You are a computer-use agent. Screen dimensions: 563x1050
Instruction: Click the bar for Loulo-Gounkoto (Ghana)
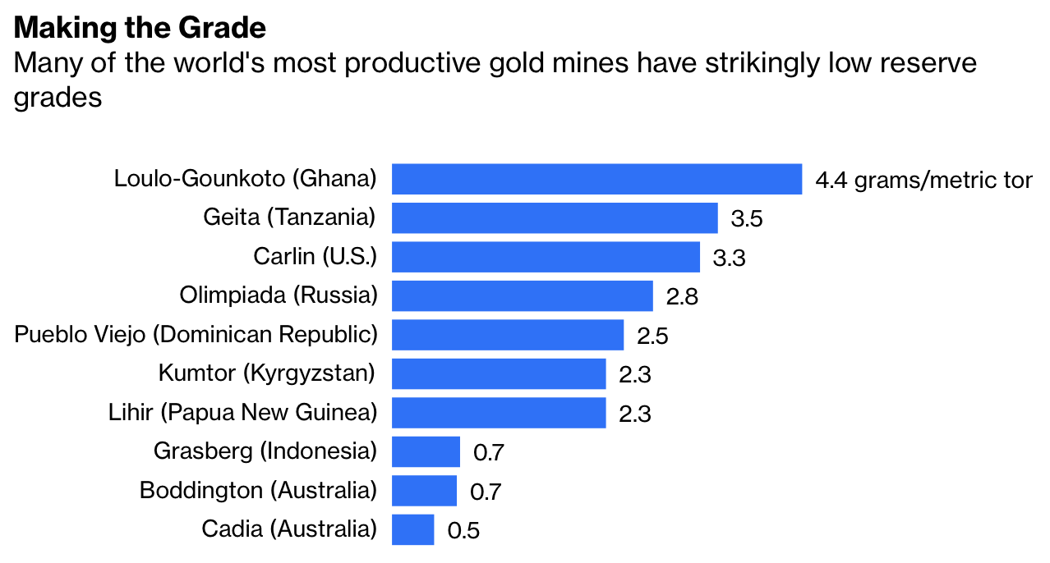[x=596, y=179]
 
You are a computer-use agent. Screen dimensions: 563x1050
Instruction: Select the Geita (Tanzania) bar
[x=555, y=218]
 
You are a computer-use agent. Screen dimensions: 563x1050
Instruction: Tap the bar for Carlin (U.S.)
[x=546, y=257]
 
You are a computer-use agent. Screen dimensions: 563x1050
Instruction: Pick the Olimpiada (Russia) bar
[x=522, y=295]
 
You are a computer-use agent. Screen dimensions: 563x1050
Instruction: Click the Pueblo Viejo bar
[x=508, y=335]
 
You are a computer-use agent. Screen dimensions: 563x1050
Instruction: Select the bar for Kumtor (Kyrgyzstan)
[x=499, y=373]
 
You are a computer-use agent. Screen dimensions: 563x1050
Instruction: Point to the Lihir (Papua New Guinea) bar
[x=499, y=413]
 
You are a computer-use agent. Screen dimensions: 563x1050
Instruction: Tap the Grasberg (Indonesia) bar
[x=426, y=451]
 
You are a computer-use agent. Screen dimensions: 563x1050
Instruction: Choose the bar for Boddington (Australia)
[x=424, y=491]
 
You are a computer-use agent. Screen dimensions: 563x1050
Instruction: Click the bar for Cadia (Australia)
[x=412, y=529]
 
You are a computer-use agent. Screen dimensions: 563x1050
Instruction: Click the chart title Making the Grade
[x=140, y=29]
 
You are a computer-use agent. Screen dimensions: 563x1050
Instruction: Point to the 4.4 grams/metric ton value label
[x=923, y=181]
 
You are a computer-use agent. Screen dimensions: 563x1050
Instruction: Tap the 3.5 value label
[x=747, y=219]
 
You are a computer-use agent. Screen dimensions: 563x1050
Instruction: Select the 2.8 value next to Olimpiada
[x=682, y=297]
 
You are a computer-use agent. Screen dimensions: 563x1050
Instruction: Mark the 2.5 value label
[x=652, y=336]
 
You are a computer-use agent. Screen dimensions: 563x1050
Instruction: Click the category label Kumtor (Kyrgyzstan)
[x=267, y=373]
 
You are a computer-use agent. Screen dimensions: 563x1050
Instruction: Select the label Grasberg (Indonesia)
[x=265, y=451]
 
